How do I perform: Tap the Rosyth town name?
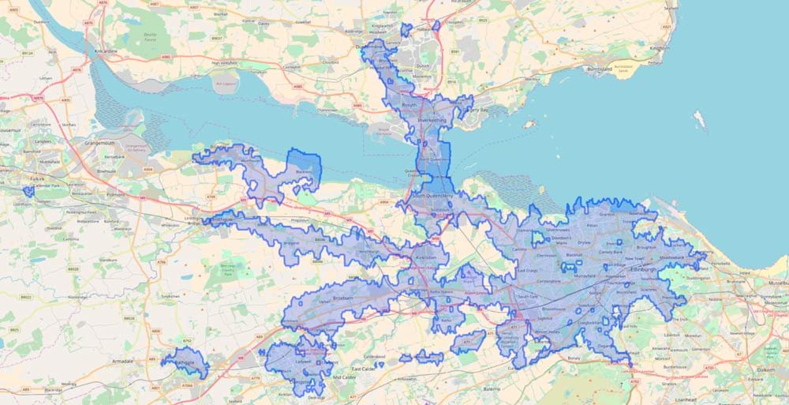[409, 105]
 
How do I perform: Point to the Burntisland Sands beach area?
[623, 69]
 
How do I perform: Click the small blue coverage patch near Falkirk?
[29, 191]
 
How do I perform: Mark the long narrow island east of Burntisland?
[698, 120]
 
